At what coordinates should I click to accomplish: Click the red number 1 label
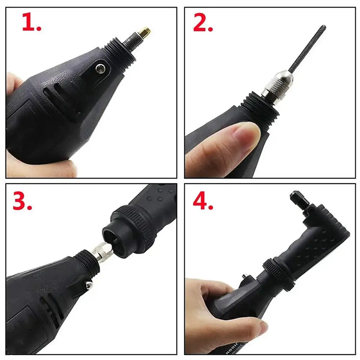click(x=32, y=22)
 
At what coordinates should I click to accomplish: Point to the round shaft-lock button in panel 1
click(x=101, y=68)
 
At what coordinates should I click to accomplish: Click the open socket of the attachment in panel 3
click(x=115, y=234)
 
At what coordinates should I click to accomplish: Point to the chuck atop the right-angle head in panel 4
click(x=298, y=200)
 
